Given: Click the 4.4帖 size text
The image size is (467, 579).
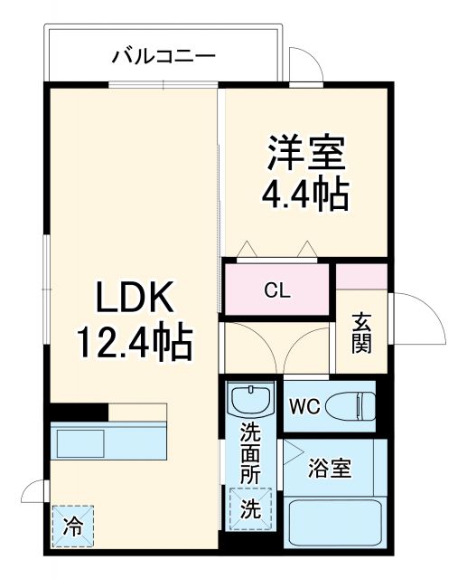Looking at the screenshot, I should (305, 195).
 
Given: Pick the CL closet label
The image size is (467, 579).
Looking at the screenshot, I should (276, 290).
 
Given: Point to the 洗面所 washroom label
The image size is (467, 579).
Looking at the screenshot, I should (250, 452).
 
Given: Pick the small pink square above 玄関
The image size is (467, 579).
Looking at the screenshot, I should (361, 276).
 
